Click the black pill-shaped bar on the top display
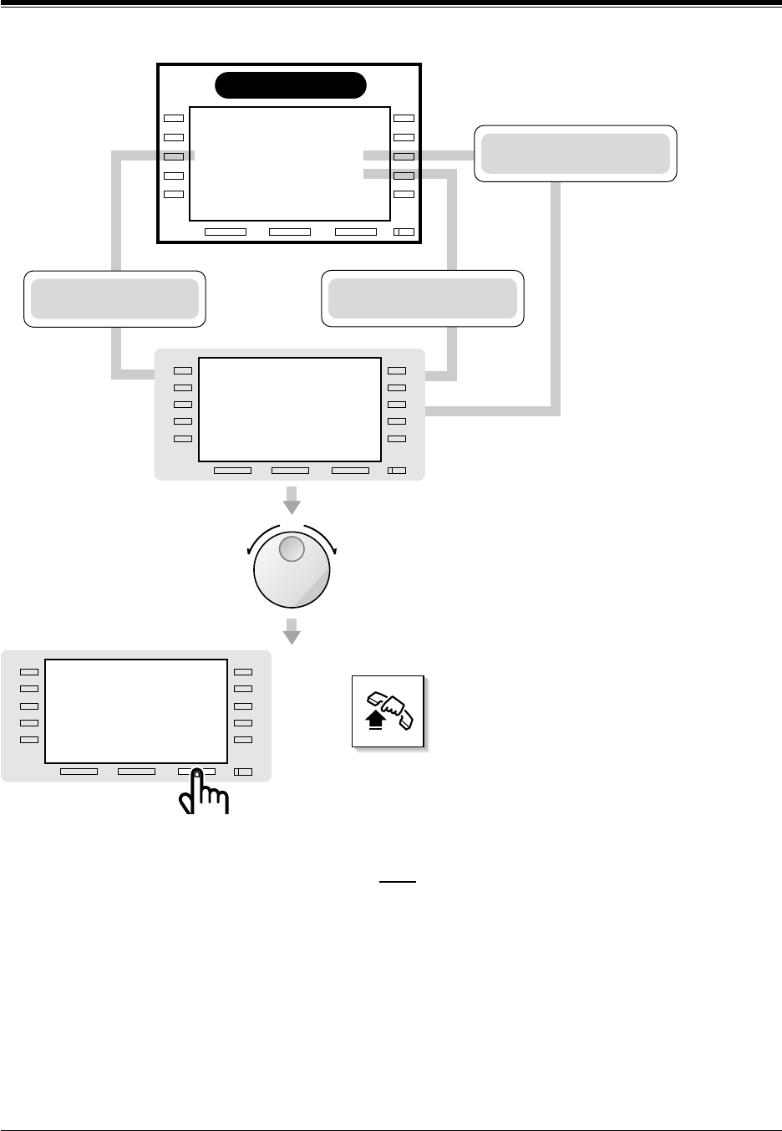click(291, 85)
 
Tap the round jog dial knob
click(292, 568)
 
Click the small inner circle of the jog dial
click(291, 549)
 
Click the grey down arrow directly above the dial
click(291, 505)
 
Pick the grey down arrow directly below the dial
click(291, 632)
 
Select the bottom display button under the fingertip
click(196, 771)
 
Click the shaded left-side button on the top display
click(173, 156)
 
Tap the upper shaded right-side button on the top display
click(404, 156)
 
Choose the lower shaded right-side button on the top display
click(404, 176)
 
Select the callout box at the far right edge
click(576, 153)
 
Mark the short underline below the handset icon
click(398, 881)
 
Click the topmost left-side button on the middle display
click(183, 370)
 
